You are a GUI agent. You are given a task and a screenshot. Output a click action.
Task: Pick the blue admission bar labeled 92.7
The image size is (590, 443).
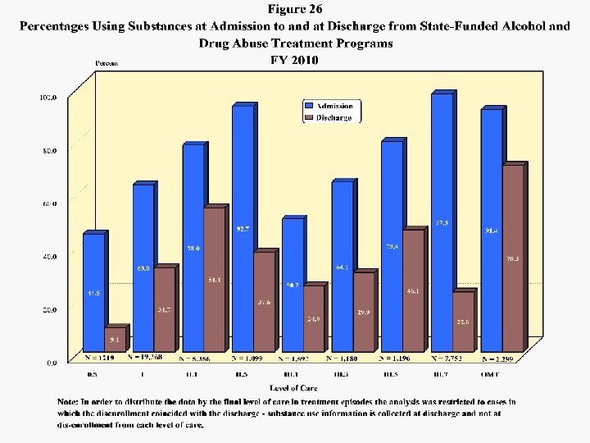(x=243, y=230)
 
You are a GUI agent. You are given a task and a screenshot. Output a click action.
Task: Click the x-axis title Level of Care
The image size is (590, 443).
(x=294, y=386)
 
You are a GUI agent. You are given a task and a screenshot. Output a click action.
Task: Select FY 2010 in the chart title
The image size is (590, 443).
(x=294, y=60)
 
